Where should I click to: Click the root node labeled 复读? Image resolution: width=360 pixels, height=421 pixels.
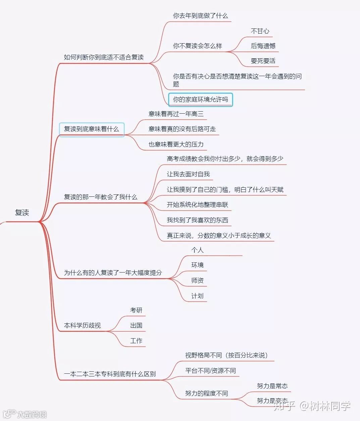coord(22,213)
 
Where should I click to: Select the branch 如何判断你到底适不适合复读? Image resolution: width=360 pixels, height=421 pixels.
coord(104,57)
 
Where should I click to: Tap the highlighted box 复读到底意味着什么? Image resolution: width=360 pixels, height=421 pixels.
coord(92,129)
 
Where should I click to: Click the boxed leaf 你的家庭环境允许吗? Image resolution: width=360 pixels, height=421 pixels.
coord(200,100)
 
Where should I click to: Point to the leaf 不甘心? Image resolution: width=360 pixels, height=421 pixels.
coord(260,31)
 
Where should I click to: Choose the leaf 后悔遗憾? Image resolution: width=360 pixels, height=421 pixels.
coord(263,46)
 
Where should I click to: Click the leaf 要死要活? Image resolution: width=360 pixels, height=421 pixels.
coord(263,61)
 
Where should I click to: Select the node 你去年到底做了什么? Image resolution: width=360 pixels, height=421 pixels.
coord(200,16)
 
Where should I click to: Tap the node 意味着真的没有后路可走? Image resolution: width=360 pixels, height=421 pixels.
coord(182,129)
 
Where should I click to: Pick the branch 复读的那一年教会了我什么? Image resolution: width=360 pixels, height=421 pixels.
coord(101,197)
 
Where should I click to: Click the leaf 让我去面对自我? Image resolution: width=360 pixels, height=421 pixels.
coord(188,174)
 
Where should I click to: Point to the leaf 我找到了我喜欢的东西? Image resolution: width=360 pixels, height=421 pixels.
coord(197,220)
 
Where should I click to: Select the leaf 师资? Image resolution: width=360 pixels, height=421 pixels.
coord(197,281)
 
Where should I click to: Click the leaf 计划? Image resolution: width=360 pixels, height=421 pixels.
coord(197,296)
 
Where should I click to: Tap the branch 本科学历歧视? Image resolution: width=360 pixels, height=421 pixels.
coord(82,325)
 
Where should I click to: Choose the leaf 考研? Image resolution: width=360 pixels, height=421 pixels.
coord(136,310)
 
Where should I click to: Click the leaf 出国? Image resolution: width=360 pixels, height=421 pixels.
coord(136,325)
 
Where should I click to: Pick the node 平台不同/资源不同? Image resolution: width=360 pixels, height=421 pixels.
coord(210,371)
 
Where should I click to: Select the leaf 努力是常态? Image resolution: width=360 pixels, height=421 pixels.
coord(272,386)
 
